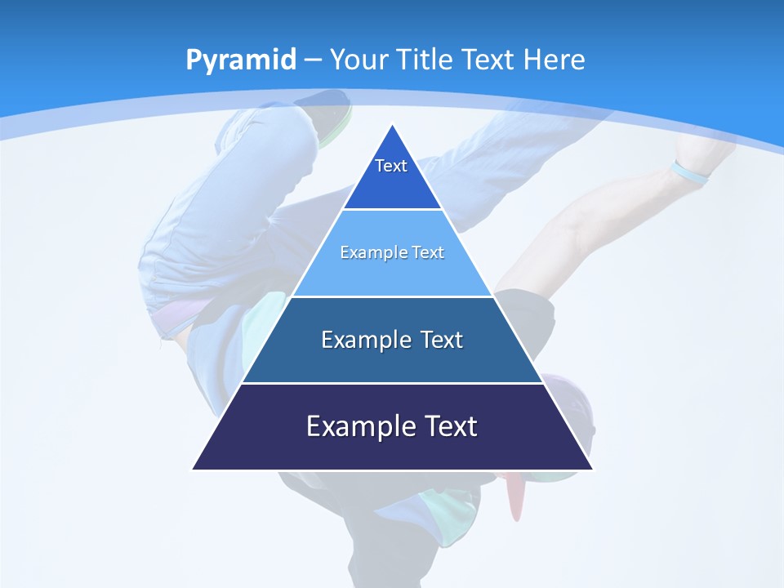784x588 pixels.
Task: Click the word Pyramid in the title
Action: (x=240, y=60)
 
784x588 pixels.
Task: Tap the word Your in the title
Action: (x=359, y=60)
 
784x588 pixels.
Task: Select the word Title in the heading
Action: (x=425, y=60)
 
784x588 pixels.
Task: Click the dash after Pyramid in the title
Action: (x=313, y=60)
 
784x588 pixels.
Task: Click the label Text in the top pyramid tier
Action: (x=391, y=166)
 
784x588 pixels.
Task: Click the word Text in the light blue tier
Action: (x=428, y=252)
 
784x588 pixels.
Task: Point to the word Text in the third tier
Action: (x=442, y=340)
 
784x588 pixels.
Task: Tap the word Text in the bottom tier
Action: (x=450, y=426)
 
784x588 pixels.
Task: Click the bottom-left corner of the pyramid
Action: (x=193, y=470)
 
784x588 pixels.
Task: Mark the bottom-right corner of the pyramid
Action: (x=592, y=470)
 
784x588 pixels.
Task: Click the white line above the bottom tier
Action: (x=392, y=383)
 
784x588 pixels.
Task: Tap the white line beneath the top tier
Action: (x=392, y=209)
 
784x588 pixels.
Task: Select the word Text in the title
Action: (x=488, y=60)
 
